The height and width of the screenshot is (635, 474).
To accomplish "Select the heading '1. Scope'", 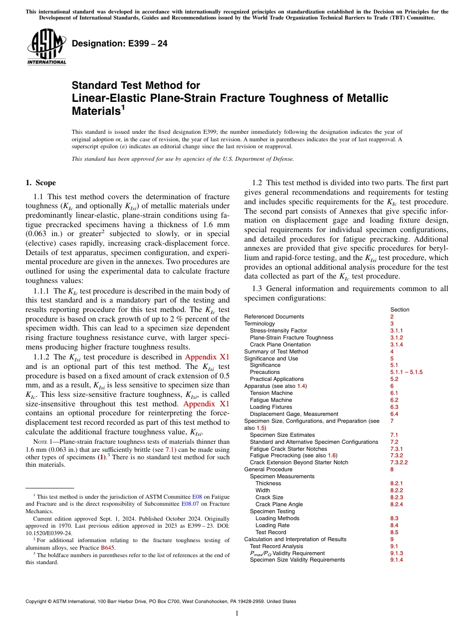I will (40, 183).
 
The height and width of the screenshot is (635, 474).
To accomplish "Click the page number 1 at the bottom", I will (237, 614).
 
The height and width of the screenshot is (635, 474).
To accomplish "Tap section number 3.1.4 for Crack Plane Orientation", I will (397, 344).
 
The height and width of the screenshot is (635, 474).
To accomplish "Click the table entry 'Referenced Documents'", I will (274, 317).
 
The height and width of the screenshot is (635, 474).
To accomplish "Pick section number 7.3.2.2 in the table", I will (399, 462).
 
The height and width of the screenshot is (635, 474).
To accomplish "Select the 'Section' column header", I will (400, 310).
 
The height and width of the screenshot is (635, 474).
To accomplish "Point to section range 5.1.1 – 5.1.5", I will (406, 372).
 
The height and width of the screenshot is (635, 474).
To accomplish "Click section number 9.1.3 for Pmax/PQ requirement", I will (397, 553).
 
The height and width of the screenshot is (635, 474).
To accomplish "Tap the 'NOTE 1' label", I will (40, 442).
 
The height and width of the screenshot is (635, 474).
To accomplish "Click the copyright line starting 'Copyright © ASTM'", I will (160, 602).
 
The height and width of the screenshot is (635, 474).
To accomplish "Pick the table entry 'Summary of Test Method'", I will (276, 351).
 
